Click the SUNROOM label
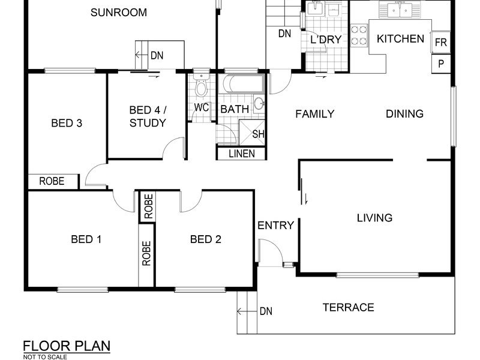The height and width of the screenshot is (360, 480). coord(119,13)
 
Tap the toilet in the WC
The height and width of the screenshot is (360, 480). coord(201,85)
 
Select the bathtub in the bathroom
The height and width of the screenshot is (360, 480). coord(244,83)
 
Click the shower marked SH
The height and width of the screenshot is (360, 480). coord(251,132)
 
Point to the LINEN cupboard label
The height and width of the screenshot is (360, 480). coord(242,154)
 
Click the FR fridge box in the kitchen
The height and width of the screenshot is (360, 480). coord(441,42)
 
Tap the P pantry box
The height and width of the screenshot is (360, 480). coord(441,64)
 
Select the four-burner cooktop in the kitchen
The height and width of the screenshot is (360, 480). coord(359,35)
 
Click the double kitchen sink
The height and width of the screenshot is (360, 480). coord(400,10)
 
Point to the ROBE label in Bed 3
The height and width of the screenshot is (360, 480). coord(52,181)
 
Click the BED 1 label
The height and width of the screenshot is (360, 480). coord(86,239)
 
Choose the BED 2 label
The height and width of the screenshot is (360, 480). coord(206,239)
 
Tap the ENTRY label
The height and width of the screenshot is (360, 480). coord(275,226)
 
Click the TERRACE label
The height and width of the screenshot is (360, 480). coord(349,307)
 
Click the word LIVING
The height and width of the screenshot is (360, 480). coord(374,218)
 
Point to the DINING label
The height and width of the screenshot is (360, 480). coord(404,114)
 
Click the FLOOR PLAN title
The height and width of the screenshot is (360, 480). coord(67,346)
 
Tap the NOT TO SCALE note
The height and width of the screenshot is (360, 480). coord(45,357)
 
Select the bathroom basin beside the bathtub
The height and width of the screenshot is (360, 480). coord(260,103)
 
